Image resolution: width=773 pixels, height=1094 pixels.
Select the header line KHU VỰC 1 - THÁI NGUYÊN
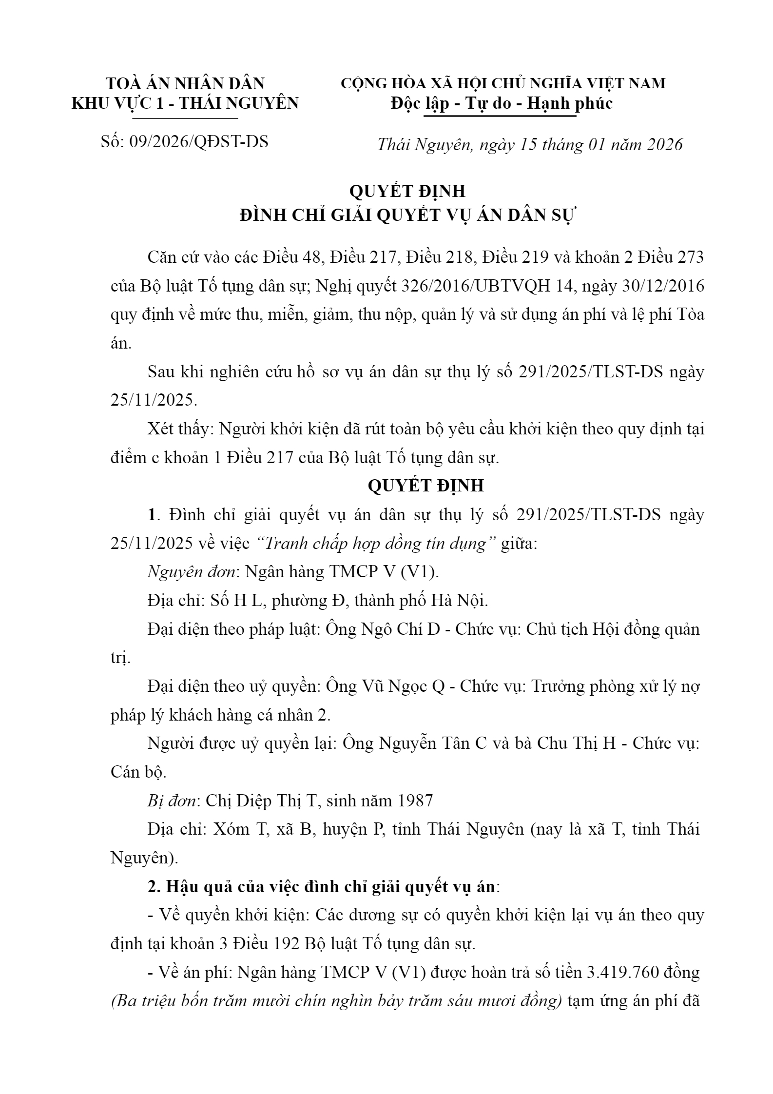[x=185, y=103]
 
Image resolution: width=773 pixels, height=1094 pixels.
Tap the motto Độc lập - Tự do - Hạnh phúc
[x=502, y=103]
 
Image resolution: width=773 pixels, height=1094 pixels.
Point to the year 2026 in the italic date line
[x=665, y=144]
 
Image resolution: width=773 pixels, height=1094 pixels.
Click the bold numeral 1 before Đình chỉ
[x=152, y=515]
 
